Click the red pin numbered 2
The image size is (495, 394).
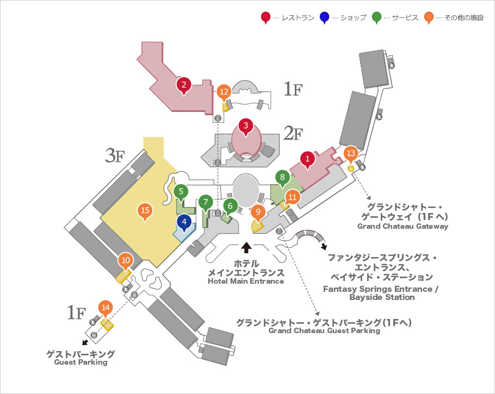(184, 85)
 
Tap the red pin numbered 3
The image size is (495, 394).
(246, 127)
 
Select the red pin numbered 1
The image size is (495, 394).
(307, 160)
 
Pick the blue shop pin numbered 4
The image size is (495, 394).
(184, 223)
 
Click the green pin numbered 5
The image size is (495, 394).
(181, 192)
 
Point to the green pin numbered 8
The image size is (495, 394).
(282, 179)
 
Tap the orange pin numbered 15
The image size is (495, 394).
(145, 211)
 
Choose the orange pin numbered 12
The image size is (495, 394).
(224, 93)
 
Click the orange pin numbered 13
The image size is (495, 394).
(351, 154)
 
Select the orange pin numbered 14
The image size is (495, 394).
(106, 309)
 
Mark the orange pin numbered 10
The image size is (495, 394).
(126, 261)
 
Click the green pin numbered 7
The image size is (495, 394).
(206, 203)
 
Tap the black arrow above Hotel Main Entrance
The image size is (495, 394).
(246, 247)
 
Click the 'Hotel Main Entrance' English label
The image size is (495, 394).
(246, 281)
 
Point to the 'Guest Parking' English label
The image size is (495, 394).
(81, 362)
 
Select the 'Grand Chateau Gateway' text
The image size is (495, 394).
(403, 226)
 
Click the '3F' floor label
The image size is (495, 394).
(115, 155)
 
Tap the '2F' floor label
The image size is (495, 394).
(293, 134)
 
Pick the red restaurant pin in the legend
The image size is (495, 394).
(266, 18)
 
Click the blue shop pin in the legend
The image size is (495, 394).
(324, 18)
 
